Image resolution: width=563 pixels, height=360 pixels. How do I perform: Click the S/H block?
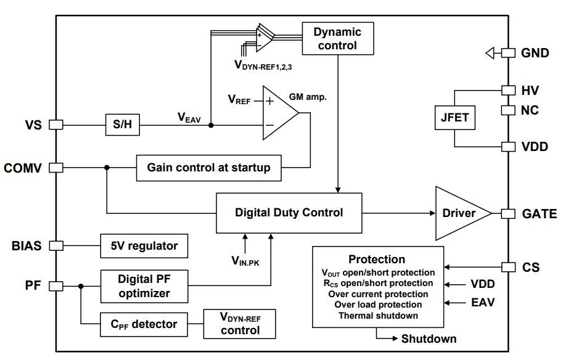123,125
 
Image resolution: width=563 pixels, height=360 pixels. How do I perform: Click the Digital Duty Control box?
289,213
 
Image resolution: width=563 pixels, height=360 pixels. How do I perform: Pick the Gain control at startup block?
208,167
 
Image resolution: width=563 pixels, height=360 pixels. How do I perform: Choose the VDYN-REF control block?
239,324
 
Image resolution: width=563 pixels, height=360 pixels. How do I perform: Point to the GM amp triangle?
277,113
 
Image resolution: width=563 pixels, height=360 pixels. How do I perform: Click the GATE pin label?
538,214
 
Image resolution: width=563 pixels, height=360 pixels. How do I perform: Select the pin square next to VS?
56,125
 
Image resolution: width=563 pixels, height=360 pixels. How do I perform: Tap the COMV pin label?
23,167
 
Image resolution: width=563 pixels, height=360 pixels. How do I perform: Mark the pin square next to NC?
508,110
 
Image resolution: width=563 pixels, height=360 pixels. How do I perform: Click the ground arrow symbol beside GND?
490,54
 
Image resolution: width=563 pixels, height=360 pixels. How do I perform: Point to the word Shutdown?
429,338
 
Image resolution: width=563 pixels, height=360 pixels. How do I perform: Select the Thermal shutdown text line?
378,316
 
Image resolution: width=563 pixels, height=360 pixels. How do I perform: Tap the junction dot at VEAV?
211,125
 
